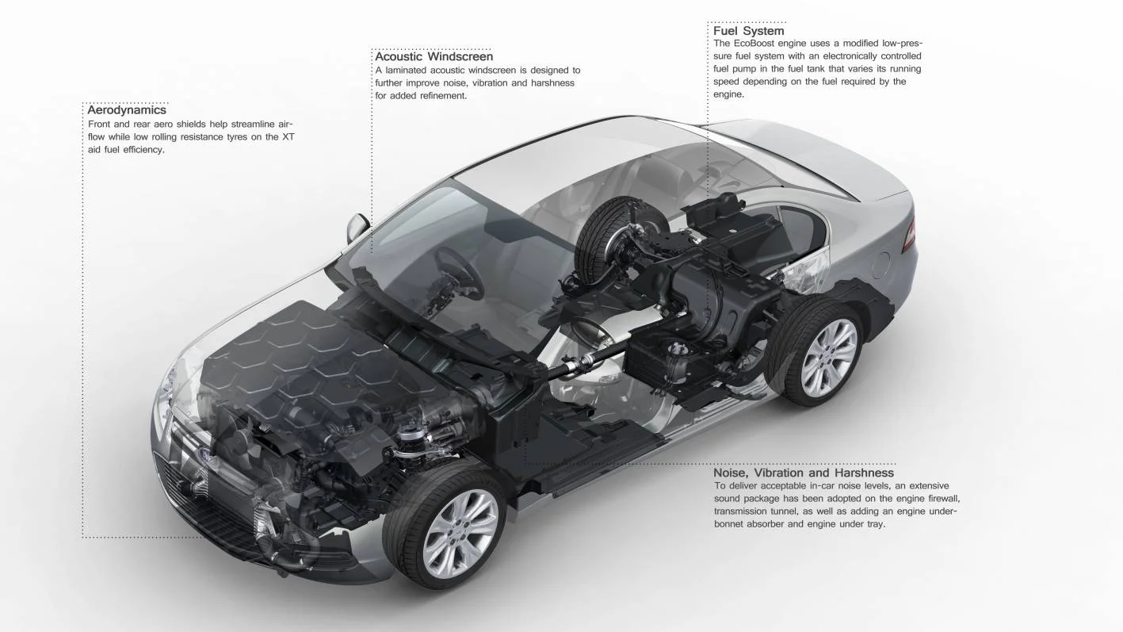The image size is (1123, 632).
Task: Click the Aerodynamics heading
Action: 127,110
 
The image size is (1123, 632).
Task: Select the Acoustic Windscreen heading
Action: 434,56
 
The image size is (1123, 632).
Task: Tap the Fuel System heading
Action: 748,31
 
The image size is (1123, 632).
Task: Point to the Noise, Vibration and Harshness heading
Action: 804,473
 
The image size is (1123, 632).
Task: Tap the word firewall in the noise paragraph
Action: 940,499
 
